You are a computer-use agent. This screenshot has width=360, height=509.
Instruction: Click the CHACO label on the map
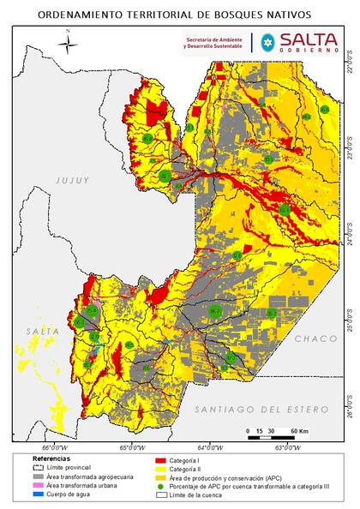pos(316,340)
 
